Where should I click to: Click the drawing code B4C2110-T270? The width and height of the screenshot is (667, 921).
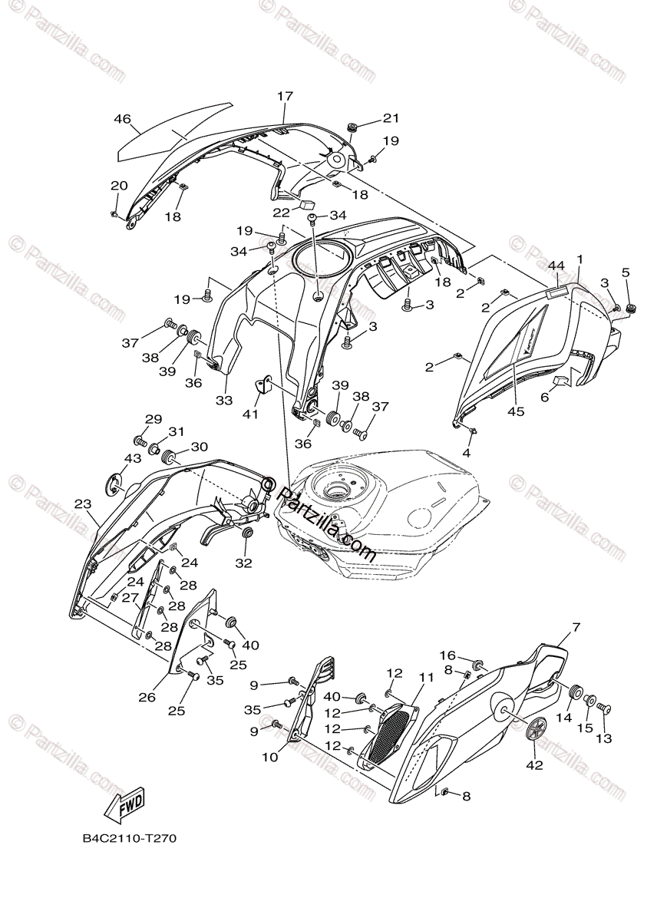click(x=130, y=839)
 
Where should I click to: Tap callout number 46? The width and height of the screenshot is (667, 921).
click(x=123, y=119)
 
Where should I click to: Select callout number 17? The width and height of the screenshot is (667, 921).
click(x=285, y=97)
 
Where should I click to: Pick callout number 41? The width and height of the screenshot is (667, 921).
click(x=252, y=414)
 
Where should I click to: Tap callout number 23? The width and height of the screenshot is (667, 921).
click(x=83, y=504)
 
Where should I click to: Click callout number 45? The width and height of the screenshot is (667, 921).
click(x=515, y=411)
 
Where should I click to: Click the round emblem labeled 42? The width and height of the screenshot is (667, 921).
click(x=537, y=729)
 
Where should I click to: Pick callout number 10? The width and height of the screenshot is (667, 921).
click(x=269, y=756)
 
